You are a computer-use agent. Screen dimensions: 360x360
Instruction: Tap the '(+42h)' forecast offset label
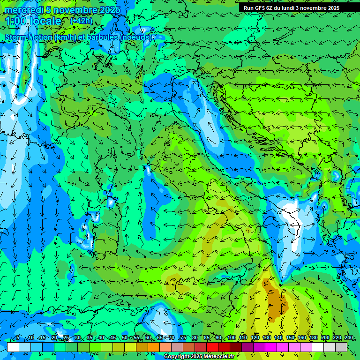[x=81, y=21]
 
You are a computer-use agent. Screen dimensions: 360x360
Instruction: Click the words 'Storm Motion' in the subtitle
[x=29, y=37]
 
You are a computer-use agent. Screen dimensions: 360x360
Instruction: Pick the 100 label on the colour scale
[x=232, y=338]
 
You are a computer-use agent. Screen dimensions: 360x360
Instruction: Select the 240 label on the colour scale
[x=348, y=338]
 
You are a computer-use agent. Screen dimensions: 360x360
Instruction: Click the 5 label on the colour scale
[x=18, y=338]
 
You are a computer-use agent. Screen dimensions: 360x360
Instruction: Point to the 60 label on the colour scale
[x=148, y=338]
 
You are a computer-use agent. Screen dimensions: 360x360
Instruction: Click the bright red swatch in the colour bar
[x=212, y=347]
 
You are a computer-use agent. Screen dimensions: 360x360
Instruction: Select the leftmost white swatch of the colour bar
[x=13, y=347]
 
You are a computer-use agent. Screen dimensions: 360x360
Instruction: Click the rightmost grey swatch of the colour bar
[x=341, y=347]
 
